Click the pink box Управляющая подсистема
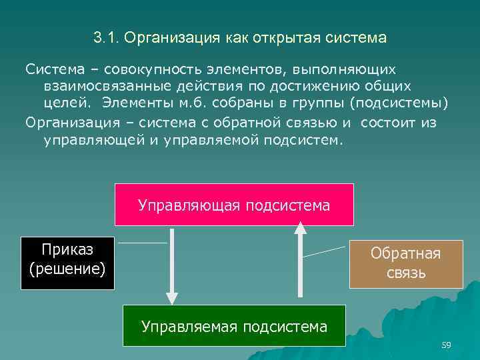tap(233, 205)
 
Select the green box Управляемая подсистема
tap(234, 326)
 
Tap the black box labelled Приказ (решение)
tap(67, 263)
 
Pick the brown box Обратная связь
tap(406, 263)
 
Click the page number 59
tap(446, 345)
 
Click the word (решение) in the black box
tap(67, 270)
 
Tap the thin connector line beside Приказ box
tap(142, 243)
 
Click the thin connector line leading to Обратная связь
tap(325, 251)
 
